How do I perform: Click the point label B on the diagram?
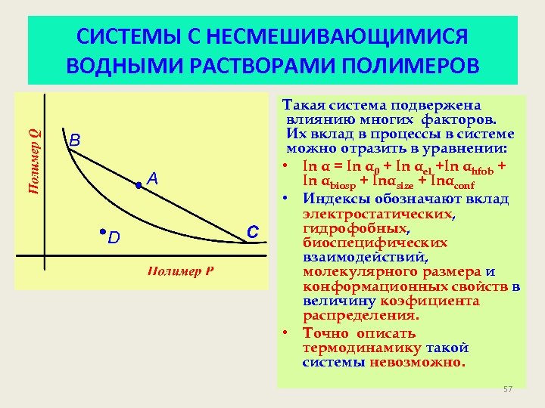tap(75, 141)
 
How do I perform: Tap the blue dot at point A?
tap(139, 184)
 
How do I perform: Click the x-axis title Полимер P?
tap(179, 272)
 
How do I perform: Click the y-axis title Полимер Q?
tap(34, 159)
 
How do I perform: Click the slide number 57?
tap(508, 389)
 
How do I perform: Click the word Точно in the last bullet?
tap(326, 333)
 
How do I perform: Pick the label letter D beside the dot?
tap(114, 239)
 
